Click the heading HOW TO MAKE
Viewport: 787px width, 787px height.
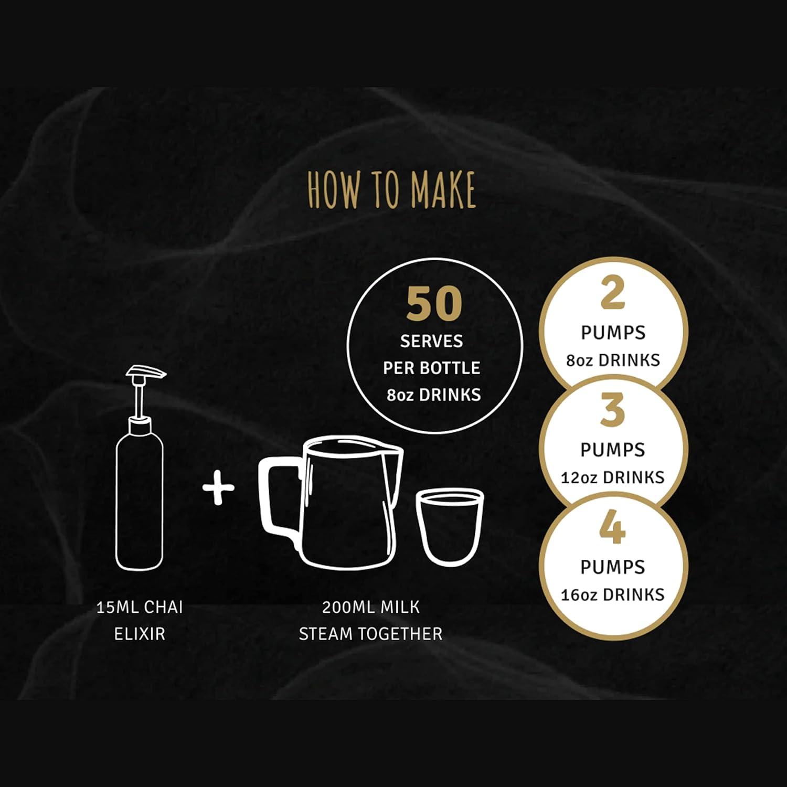click(x=392, y=189)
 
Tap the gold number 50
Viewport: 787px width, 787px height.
click(x=434, y=304)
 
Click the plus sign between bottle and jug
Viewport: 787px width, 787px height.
click(x=218, y=487)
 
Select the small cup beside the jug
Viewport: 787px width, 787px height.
click(x=450, y=527)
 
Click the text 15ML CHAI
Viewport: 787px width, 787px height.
click(x=140, y=608)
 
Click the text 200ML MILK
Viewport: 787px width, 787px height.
click(x=371, y=608)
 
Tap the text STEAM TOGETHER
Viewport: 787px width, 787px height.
click(x=371, y=634)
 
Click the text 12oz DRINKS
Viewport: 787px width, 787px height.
click(x=613, y=477)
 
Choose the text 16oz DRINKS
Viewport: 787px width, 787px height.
click(x=613, y=595)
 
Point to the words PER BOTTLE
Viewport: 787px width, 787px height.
click(x=431, y=368)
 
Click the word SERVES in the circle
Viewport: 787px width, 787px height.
click(x=431, y=342)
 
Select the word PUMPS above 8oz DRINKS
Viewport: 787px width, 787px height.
click(x=613, y=333)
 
